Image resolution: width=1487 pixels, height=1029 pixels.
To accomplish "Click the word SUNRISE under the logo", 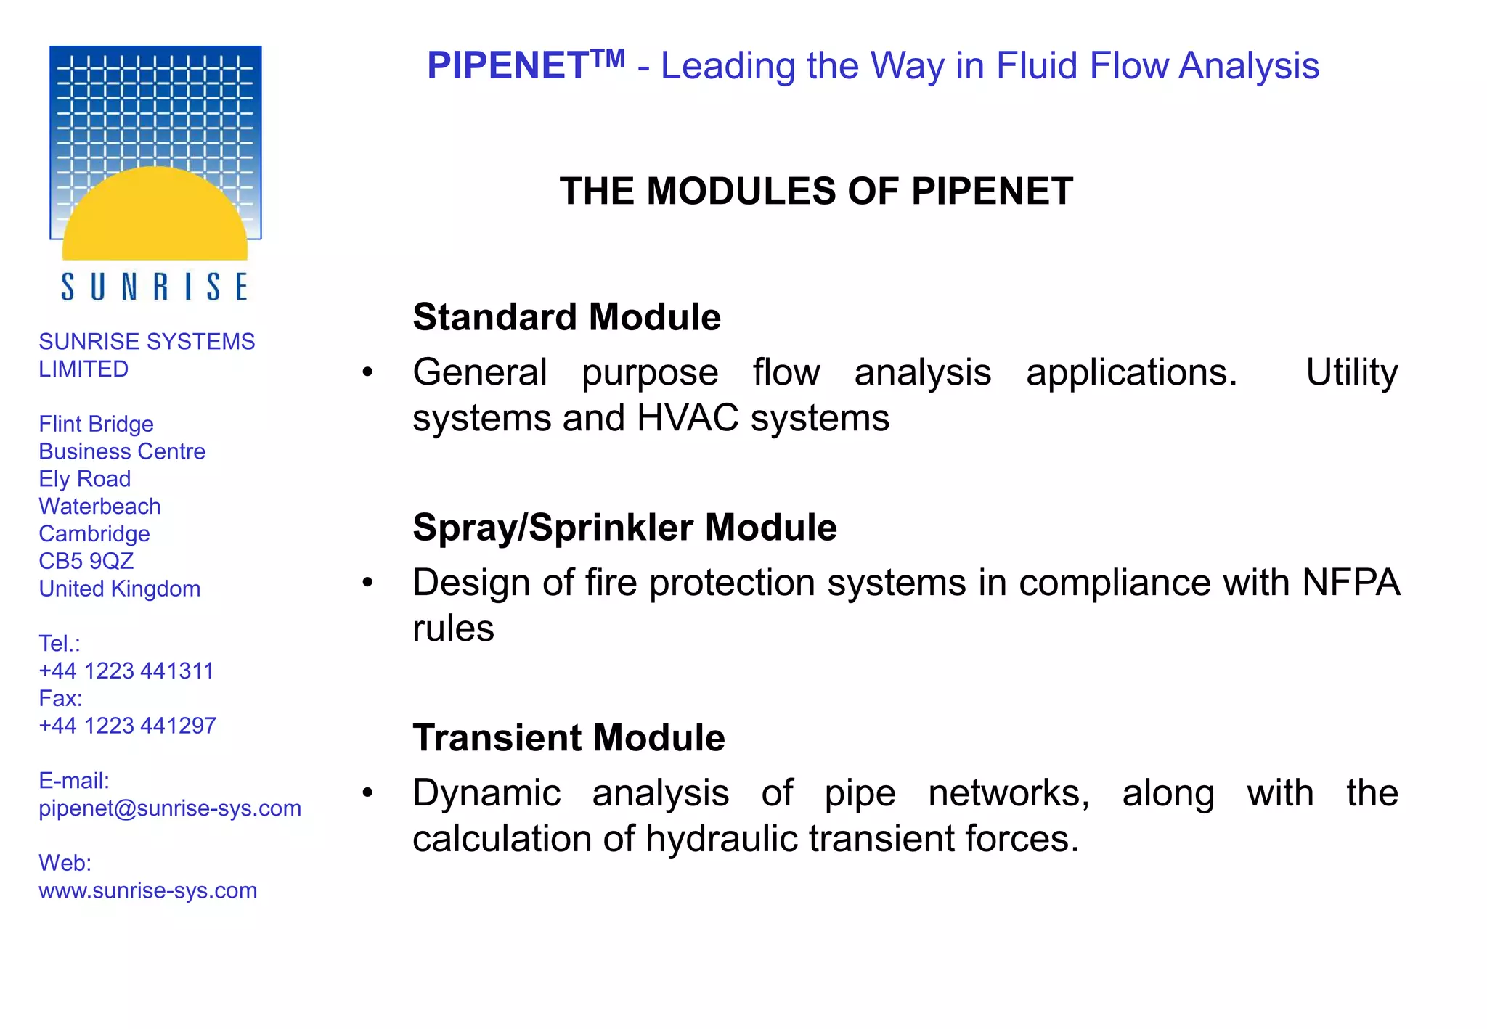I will (x=155, y=287).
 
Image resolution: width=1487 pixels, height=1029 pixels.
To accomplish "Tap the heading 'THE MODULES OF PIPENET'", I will (x=816, y=192).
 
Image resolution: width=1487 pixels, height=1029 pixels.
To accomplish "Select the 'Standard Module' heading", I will (x=566, y=317).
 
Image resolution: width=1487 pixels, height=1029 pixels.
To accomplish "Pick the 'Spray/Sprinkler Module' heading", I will (x=624, y=528).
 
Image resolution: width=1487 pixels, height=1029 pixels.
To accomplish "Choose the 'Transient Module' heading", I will (x=569, y=738).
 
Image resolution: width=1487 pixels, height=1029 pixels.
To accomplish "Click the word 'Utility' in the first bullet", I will (x=1351, y=373).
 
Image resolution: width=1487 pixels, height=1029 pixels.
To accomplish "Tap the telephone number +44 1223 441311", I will (x=126, y=671).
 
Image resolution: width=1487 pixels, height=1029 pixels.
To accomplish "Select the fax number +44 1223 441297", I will (x=128, y=726).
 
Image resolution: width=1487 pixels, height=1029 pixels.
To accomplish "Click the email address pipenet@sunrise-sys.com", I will (x=170, y=808).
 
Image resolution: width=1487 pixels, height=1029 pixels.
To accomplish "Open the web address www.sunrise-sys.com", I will (x=148, y=890).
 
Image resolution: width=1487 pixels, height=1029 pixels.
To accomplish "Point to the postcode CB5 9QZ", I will (x=86, y=561).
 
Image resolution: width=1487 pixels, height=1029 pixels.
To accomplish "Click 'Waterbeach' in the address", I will (x=99, y=507).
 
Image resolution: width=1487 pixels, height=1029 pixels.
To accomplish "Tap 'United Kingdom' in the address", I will (x=120, y=589).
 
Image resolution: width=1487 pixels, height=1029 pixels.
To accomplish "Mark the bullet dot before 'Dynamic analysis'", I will (x=368, y=793).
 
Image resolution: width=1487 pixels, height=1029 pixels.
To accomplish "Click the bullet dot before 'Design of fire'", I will (x=368, y=583).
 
